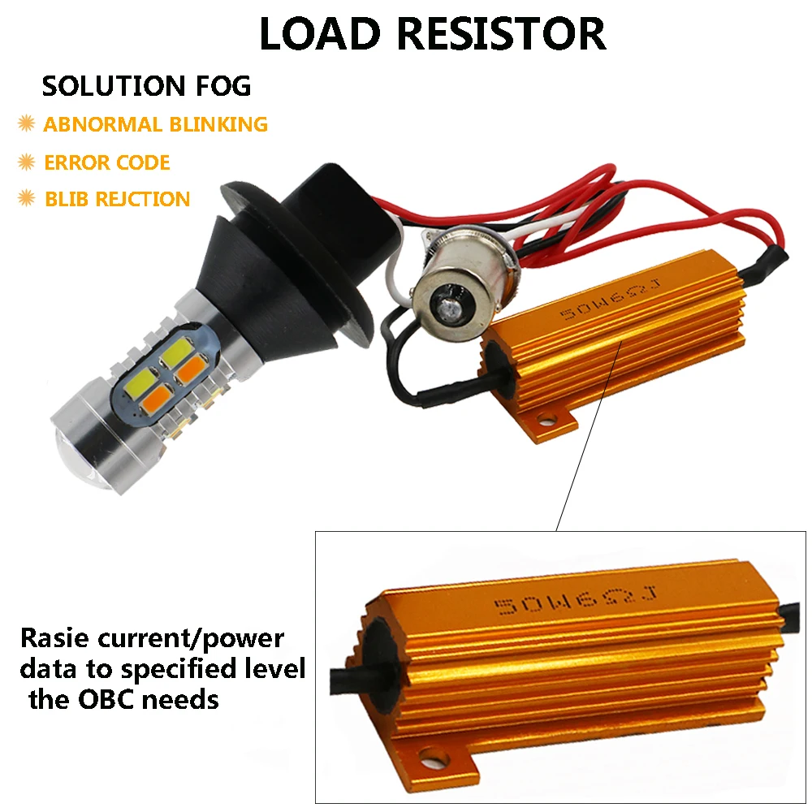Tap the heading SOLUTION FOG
pos(146,85)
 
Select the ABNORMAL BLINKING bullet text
pos(155,124)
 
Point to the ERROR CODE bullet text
pos(106,162)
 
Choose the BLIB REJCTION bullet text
pos(117,199)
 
